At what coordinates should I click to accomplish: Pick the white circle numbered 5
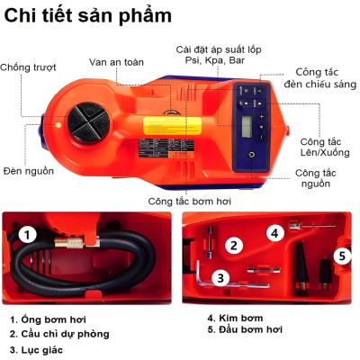coord(341,256)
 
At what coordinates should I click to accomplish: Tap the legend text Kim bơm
coord(229,318)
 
